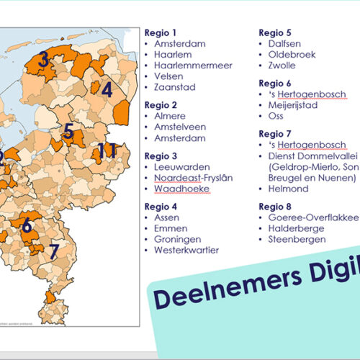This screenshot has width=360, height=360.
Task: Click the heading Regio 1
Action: pos(160,33)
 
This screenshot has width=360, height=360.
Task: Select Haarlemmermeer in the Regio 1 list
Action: pos(188,66)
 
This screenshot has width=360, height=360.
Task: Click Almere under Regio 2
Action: pos(170,116)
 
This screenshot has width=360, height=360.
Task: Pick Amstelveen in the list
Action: pos(179,127)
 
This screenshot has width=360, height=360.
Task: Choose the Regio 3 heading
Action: pos(161,156)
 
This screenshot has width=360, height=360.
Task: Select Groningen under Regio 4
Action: pos(177,239)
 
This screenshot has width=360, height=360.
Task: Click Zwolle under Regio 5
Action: pos(282,66)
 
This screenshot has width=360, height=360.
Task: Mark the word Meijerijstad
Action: pos(292,105)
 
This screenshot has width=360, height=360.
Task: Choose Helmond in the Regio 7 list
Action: pos(288,189)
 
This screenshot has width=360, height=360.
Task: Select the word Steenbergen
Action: pos(297,239)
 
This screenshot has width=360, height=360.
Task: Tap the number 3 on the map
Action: pos(44,60)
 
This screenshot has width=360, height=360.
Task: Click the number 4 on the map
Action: pos(107,90)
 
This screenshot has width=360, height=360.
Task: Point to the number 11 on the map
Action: pos(107,150)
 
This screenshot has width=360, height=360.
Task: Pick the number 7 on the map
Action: pos(53,251)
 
